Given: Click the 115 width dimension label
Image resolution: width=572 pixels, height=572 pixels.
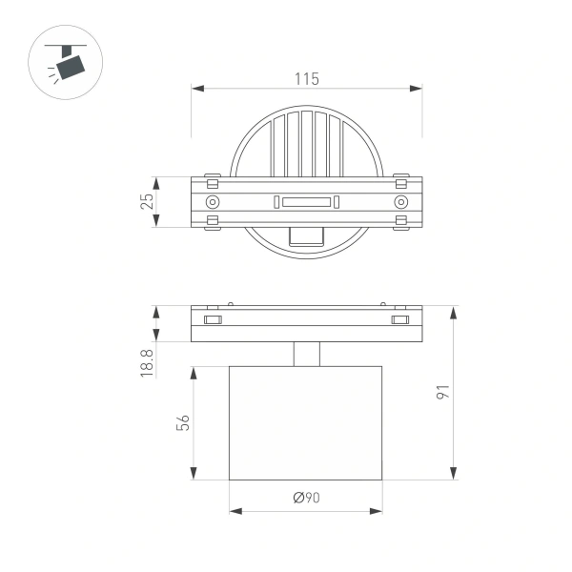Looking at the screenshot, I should coord(306,78).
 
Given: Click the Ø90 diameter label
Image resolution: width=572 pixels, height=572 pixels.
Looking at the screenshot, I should coord(306,498).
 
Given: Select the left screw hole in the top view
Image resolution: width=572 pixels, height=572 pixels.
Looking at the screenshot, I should coord(212,202).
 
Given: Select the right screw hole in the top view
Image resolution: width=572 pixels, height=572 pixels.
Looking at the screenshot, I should coord(400,202).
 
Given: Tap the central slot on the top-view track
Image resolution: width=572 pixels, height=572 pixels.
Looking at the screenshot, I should coord(306,202).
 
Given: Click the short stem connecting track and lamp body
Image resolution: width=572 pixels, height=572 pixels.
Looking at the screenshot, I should coord(306,354).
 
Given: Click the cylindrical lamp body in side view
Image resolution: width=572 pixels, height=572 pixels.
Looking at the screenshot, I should coord(306,422).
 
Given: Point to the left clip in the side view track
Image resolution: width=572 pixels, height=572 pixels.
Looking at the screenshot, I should coord(214,318).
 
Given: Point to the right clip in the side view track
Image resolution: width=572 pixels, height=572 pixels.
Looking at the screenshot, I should coord(399,318).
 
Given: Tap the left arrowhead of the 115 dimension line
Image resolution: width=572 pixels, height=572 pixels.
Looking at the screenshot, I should coord(196,89).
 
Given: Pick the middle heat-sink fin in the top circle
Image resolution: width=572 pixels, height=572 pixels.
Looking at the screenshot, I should coord(306,144).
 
